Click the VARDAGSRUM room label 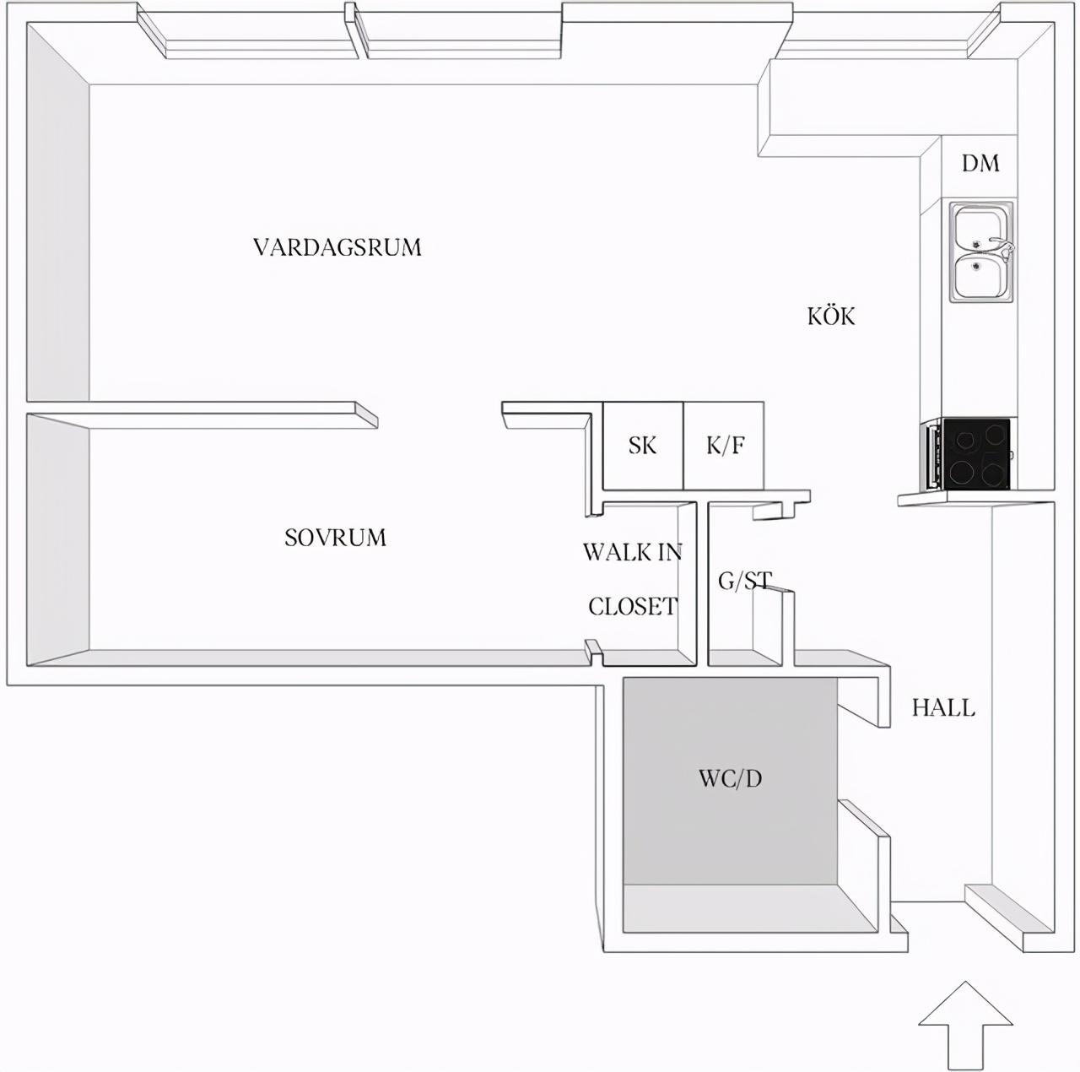coord(337,247)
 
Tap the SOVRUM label coord(335,538)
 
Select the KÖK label coord(831,316)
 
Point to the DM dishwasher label coord(980,163)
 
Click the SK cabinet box coord(643,446)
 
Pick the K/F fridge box coord(724,446)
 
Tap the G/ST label coord(745,581)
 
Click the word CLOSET coord(633,606)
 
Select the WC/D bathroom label coord(731,778)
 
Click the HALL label coord(944,708)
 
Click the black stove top coord(975,453)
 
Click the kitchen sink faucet coord(1002,247)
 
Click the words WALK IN coord(633,553)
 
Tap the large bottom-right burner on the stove coord(992,474)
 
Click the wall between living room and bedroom coord(202,415)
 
